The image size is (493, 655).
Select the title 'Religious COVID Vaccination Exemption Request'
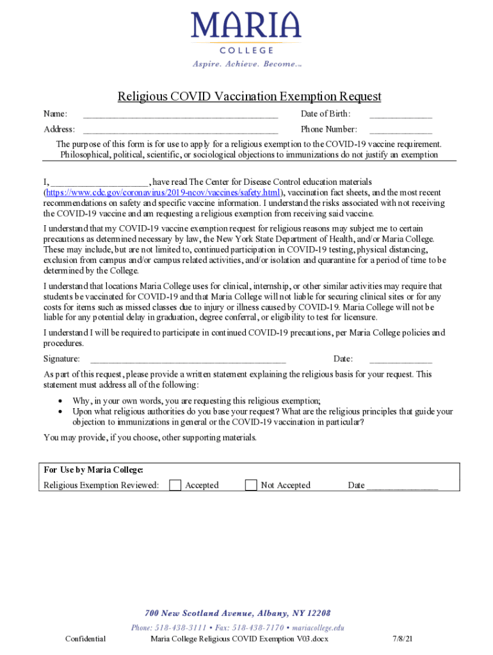click(249, 97)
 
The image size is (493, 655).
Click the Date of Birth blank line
click(400, 116)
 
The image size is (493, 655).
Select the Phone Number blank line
click(400, 132)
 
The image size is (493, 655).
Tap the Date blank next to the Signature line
click(400, 361)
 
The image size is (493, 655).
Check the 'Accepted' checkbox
click(175, 485)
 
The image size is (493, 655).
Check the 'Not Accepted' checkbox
click(251, 485)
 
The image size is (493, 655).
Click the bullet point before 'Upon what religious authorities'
click(60, 412)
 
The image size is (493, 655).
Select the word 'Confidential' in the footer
click(85, 638)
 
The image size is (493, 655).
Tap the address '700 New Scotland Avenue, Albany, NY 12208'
click(238, 613)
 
